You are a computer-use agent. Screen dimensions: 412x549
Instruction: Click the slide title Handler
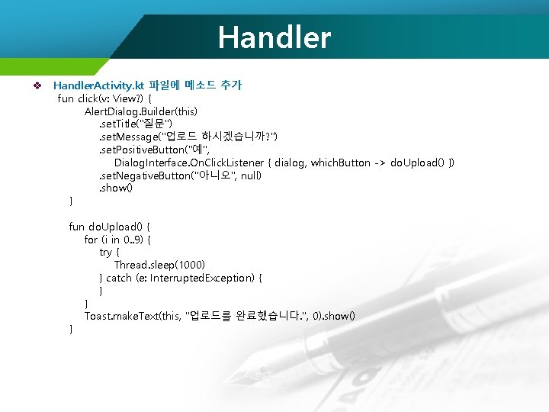pos(274,37)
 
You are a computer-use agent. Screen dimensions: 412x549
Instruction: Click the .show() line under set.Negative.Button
pos(116,188)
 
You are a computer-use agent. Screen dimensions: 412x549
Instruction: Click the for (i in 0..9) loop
pos(117,239)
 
